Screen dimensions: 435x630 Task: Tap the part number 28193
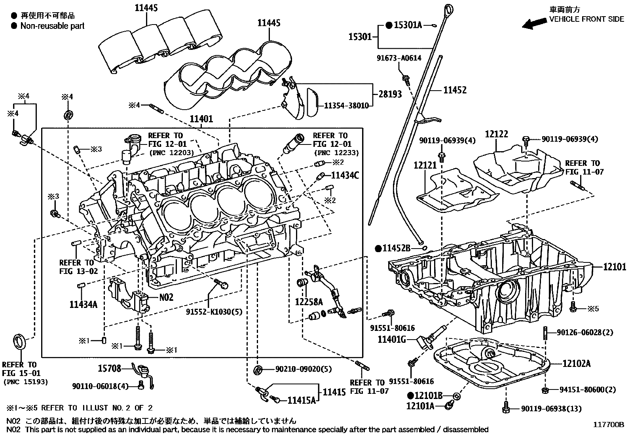390,94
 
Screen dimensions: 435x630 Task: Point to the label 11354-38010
346,105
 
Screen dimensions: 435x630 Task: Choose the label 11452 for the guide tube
455,90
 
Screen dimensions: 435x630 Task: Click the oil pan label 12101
615,267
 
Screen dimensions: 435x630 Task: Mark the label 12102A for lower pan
576,363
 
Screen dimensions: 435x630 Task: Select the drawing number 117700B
608,425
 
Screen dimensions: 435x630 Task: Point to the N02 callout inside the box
166,297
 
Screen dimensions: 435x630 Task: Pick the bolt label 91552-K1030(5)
214,312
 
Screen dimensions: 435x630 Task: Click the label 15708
109,369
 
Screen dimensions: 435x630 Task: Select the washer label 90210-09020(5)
304,369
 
